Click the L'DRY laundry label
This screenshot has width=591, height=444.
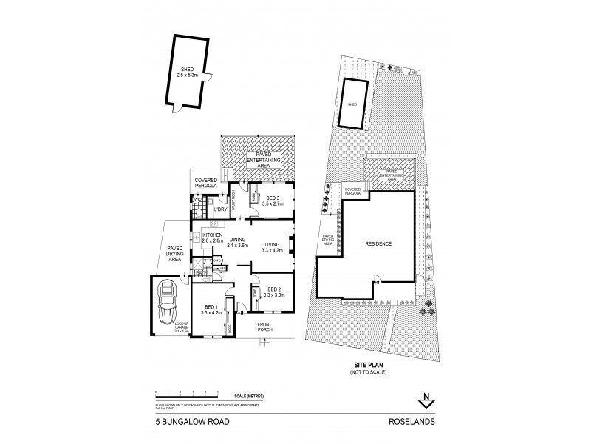(x=219, y=209)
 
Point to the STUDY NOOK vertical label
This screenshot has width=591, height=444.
(x=233, y=201)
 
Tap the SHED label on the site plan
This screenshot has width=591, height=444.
(x=352, y=105)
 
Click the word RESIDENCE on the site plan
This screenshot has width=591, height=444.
(x=377, y=243)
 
